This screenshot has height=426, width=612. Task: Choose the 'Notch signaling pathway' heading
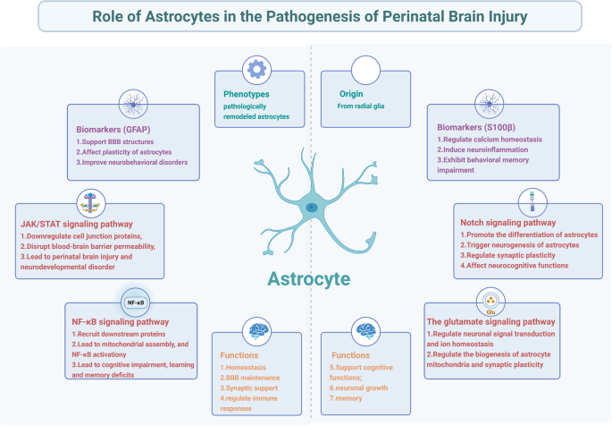(503, 221)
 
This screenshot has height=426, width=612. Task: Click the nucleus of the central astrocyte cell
(310, 207)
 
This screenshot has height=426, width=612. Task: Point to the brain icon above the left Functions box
(259, 330)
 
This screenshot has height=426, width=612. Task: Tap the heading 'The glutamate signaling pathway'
(490, 319)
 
